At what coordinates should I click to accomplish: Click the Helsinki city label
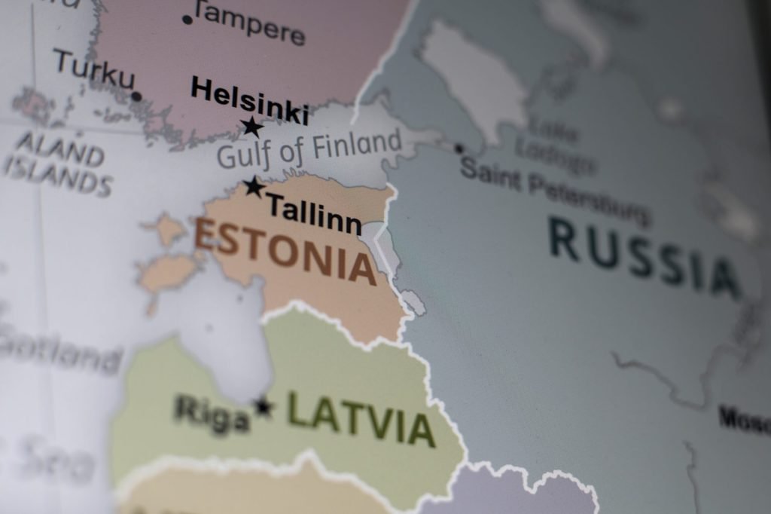[x=249, y=98]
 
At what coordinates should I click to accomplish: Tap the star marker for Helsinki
[x=252, y=127]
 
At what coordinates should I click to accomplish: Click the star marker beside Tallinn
[x=254, y=186]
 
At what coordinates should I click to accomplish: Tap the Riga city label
[x=212, y=414]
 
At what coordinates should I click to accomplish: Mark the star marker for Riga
[x=264, y=407]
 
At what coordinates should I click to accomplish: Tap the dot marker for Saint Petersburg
[x=459, y=148]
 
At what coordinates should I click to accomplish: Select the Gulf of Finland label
[x=309, y=148]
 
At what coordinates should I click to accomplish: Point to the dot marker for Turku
[x=136, y=96]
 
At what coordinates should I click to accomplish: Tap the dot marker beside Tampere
[x=187, y=19]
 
